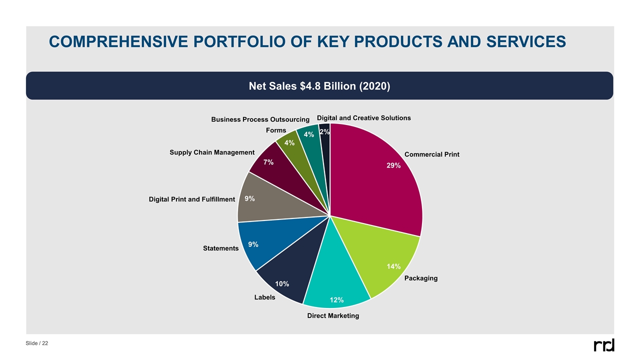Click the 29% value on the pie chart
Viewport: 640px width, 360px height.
(x=393, y=165)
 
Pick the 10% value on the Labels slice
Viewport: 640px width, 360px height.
(x=282, y=284)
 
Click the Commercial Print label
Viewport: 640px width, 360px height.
(x=431, y=154)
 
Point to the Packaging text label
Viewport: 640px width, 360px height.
(x=420, y=278)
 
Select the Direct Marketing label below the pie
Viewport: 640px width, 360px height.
(x=333, y=315)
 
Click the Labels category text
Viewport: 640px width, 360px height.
(x=264, y=297)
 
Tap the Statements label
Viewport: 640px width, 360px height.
(x=220, y=248)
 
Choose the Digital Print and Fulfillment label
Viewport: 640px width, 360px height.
(x=191, y=199)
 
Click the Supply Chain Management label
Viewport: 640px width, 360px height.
(x=212, y=152)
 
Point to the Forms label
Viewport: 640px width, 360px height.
(x=276, y=130)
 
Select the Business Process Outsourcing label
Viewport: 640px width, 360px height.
(x=260, y=119)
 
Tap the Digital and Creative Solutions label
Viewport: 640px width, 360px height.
(x=364, y=118)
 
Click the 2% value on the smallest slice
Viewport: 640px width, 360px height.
(x=324, y=132)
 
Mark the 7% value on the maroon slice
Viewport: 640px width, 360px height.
(x=268, y=162)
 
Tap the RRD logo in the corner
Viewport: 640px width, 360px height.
(x=603, y=345)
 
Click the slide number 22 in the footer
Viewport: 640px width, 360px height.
(x=45, y=343)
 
